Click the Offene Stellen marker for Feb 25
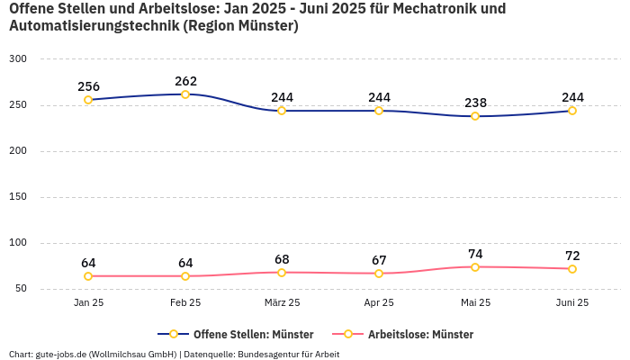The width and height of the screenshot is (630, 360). pyautogui.click(x=185, y=94)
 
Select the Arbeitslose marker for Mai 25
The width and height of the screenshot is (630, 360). pyautogui.click(x=475, y=267)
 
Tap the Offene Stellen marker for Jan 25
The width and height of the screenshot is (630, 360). pyautogui.click(x=88, y=100)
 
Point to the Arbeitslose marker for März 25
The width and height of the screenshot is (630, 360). pyautogui.click(x=282, y=273)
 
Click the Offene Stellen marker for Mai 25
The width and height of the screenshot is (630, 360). pyautogui.click(x=475, y=116)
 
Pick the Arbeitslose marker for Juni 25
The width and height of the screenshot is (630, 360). pyautogui.click(x=572, y=269)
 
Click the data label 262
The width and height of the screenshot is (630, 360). pyautogui.click(x=185, y=81)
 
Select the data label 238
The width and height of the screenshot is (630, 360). pyautogui.click(x=475, y=103)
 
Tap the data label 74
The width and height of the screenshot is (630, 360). pyautogui.click(x=475, y=254)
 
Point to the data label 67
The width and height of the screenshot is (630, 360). pyautogui.click(x=379, y=260)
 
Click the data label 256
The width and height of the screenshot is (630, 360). pyautogui.click(x=88, y=86)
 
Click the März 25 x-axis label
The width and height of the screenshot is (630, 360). pyautogui.click(x=282, y=303)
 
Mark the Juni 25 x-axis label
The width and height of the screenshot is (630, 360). pyautogui.click(x=572, y=303)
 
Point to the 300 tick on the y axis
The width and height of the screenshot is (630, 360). pyautogui.click(x=18, y=58)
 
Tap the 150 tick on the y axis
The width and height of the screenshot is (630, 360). pyautogui.click(x=18, y=196)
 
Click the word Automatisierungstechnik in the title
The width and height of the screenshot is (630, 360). pyautogui.click(x=93, y=26)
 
